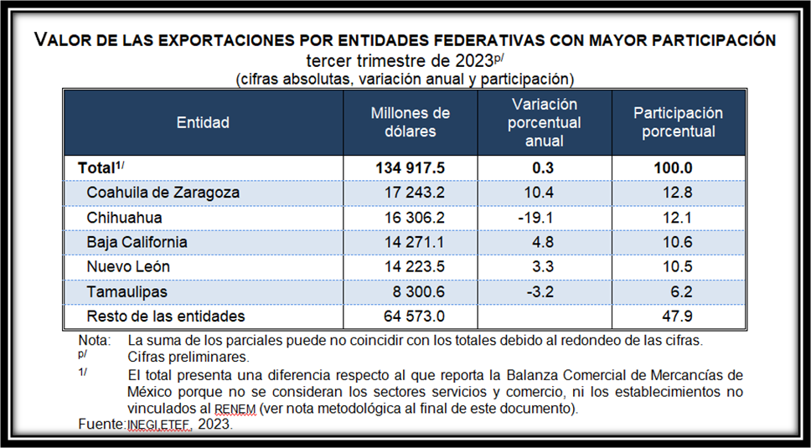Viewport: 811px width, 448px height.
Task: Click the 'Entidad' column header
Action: coord(203,122)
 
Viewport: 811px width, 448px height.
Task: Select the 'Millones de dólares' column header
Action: coord(410,122)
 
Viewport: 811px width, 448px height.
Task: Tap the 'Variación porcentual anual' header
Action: coord(544,122)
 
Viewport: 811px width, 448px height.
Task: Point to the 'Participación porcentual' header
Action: coord(677,122)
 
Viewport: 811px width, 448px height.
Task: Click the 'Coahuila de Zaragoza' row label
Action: coord(163,193)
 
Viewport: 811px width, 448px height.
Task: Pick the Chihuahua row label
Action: coord(124,218)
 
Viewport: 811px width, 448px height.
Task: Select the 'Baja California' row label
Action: coord(137,243)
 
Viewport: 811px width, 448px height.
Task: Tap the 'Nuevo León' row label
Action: coord(128,267)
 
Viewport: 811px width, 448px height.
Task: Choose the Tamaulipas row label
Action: coord(127,291)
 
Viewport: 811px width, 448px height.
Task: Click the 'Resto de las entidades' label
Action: coord(166,317)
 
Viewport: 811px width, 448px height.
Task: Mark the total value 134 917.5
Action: coord(410,167)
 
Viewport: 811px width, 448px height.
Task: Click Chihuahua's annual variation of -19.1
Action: coord(544,218)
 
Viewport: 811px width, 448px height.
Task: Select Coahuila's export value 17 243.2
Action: coord(410,193)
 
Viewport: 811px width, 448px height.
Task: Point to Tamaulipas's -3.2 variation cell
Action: coord(544,291)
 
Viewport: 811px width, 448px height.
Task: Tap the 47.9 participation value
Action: coord(677,317)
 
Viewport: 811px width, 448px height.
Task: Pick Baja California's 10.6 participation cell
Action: coord(677,243)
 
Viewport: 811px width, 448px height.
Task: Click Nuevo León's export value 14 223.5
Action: coord(410,267)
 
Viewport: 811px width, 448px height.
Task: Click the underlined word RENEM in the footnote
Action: coord(234,408)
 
